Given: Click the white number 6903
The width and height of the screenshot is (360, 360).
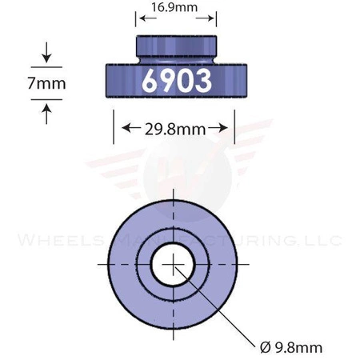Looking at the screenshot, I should tap(177, 80).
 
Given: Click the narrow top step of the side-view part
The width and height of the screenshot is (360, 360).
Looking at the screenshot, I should tap(177, 46).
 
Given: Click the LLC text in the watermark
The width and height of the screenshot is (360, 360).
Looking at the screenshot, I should tap(324, 240).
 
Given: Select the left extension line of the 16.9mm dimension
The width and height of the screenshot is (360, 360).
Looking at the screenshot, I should tap(138, 19).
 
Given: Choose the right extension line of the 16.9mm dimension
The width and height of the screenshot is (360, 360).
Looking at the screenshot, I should tap(216, 19).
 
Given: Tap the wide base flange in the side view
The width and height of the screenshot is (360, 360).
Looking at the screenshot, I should tap(120, 80).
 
